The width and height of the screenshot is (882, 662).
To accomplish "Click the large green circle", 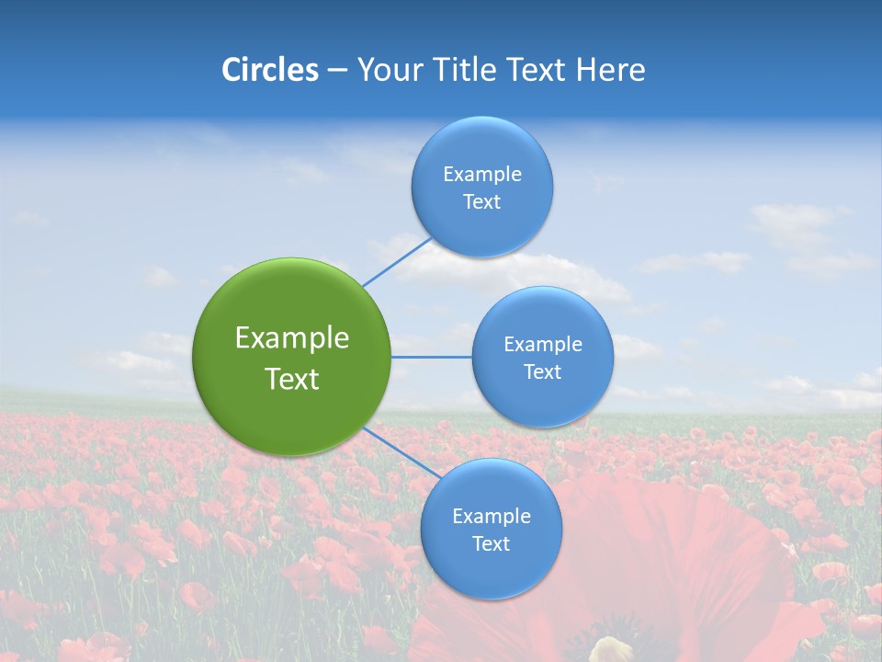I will click(292, 357).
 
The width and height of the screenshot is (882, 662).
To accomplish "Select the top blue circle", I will click(481, 188).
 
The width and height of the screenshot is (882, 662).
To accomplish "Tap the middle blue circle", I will click(542, 357).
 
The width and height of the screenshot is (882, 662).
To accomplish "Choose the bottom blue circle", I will click(491, 530).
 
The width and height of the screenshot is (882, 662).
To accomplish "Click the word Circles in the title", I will click(269, 70).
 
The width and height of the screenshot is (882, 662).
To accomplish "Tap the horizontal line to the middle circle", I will click(431, 357).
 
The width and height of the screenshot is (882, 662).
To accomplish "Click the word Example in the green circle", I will click(292, 338).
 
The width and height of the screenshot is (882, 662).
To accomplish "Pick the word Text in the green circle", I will click(292, 379).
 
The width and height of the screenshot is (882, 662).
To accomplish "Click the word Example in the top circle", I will click(481, 175).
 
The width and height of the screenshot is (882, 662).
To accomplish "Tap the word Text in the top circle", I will click(481, 202).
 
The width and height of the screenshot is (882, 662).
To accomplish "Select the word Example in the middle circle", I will click(542, 345).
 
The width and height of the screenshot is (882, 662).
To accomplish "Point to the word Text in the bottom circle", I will click(491, 544).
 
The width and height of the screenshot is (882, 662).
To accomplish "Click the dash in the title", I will click(337, 70).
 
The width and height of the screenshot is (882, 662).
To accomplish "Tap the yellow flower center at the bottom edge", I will click(611, 649).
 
